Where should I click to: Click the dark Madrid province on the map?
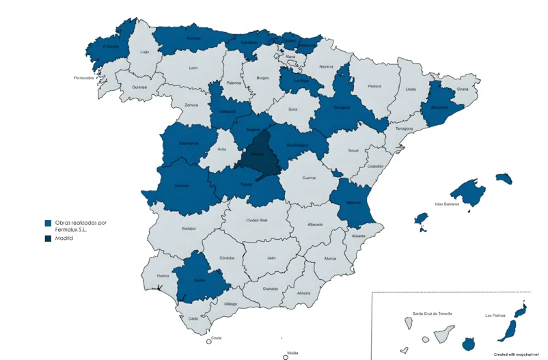(x=256, y=154)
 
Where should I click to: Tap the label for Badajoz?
(x=189, y=228)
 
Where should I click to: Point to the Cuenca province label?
(x=309, y=178)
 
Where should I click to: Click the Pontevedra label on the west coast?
(x=87, y=78)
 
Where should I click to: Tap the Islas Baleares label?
(x=448, y=204)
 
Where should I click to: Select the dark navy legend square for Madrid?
(x=48, y=238)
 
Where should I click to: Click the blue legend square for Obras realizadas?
(x=48, y=223)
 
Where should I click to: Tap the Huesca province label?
(x=374, y=87)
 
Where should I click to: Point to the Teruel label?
(x=353, y=150)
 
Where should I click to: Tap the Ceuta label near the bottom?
(x=216, y=337)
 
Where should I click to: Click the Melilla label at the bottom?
(x=292, y=352)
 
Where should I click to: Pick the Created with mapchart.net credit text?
(x=512, y=355)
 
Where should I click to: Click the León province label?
(x=193, y=68)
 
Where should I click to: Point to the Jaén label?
(x=271, y=258)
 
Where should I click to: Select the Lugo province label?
(x=144, y=51)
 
